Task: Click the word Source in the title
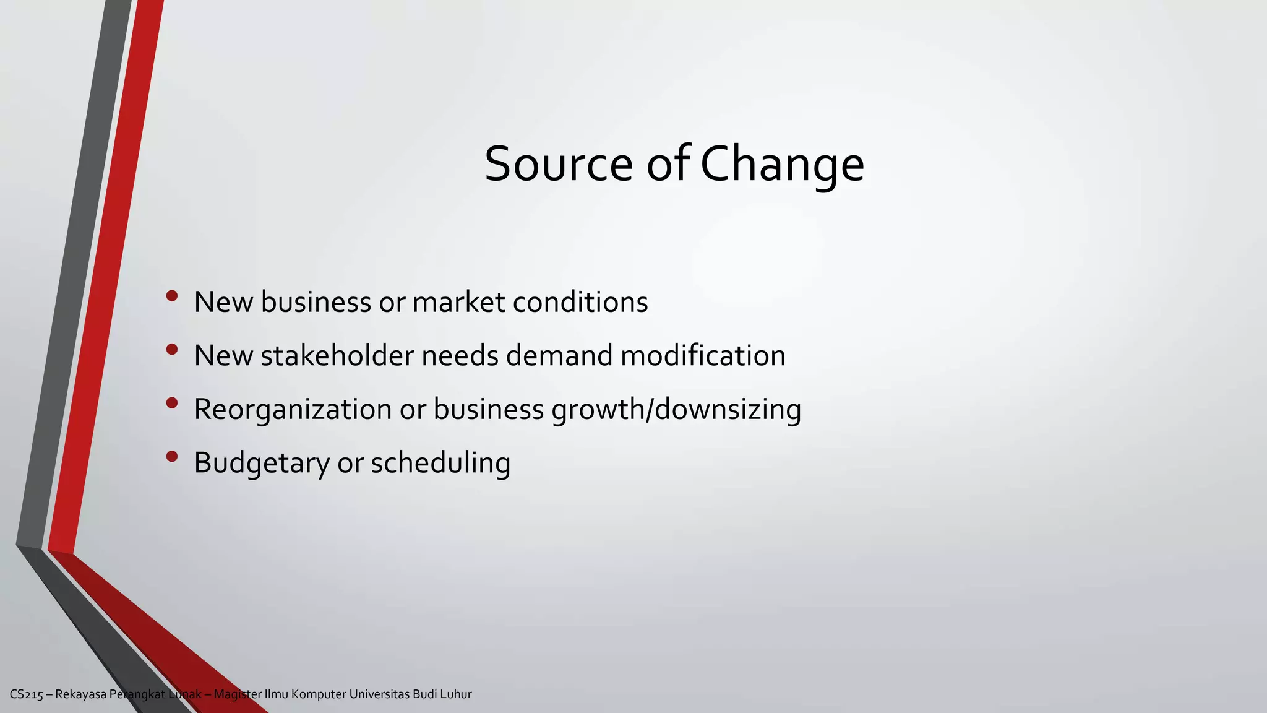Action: (558, 164)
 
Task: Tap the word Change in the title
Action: (782, 164)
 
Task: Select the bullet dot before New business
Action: (172, 296)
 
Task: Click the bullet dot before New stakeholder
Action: (172, 350)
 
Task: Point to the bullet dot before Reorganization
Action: (172, 403)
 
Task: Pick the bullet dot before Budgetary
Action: (172, 457)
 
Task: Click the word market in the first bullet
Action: (458, 302)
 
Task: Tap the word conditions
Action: (580, 302)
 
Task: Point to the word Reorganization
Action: (293, 410)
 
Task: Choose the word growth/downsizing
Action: (676, 410)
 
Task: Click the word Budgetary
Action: (262, 463)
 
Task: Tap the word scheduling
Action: (440, 463)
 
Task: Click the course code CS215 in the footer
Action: (27, 694)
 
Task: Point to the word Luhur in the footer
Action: (456, 694)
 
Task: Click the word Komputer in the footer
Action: (319, 694)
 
